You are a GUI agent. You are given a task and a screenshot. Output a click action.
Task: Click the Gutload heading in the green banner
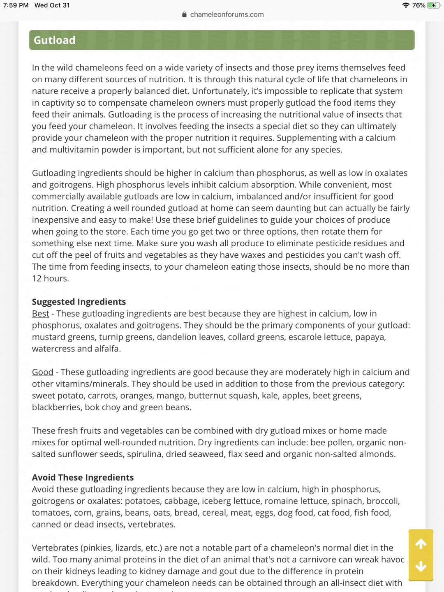coord(55,40)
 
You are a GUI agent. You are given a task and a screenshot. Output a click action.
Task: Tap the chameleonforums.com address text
coord(227,15)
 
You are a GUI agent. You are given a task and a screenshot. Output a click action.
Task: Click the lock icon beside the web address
coord(184,15)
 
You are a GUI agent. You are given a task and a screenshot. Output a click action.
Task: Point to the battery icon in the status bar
coord(433,5)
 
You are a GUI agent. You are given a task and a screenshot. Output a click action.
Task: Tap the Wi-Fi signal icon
coord(406,5)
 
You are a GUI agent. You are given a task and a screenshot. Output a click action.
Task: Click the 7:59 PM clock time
coord(16,5)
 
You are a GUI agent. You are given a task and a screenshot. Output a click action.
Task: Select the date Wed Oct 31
coord(52,5)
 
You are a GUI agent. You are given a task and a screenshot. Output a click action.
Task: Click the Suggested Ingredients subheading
coord(79,302)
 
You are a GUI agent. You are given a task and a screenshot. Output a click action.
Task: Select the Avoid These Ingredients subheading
coord(83,477)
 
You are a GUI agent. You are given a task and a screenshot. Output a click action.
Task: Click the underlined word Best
coord(40,314)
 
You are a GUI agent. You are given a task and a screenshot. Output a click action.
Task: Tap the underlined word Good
coord(43,372)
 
